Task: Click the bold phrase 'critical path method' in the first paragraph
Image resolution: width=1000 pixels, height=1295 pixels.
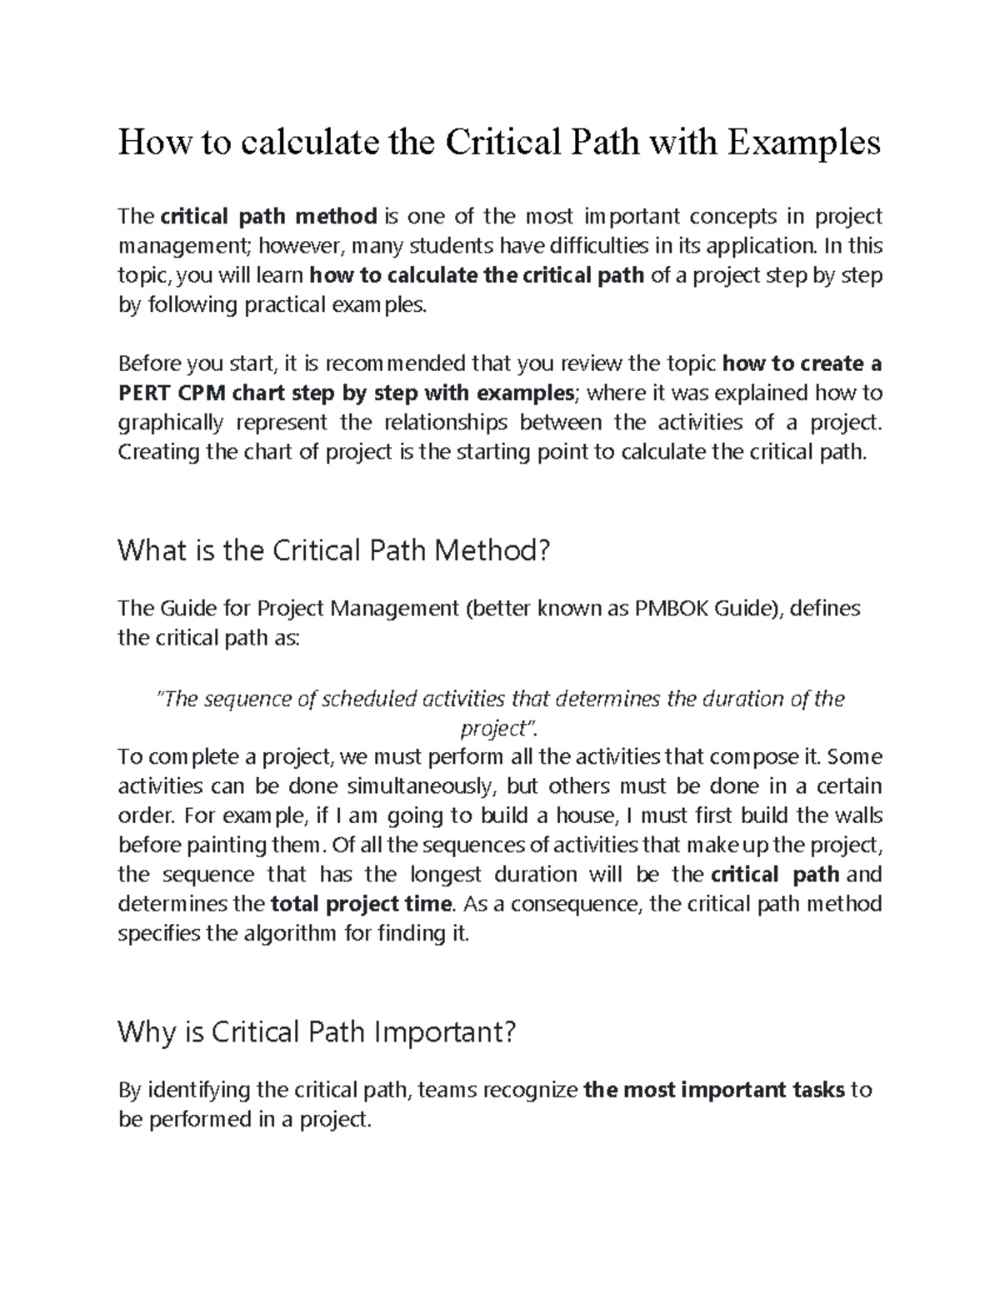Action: (x=268, y=217)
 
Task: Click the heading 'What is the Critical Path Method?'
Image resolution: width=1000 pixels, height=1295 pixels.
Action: (x=334, y=550)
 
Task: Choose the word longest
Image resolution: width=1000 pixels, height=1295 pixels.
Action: (x=446, y=875)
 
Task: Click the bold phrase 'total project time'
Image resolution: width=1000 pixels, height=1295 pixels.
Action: (x=362, y=904)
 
